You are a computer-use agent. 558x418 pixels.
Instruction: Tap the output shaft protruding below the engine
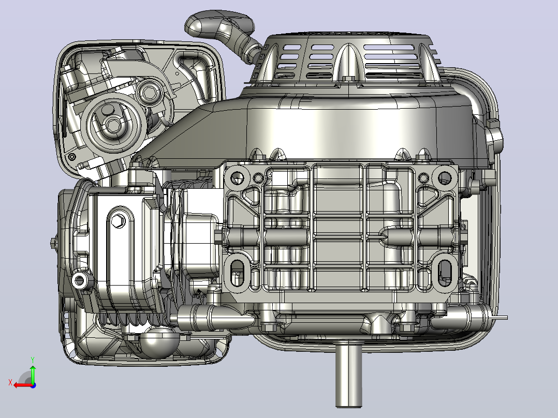349,374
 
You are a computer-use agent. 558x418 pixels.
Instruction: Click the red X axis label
10,383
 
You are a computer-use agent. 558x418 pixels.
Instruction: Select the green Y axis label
33,360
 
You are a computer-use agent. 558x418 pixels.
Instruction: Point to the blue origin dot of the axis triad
33,385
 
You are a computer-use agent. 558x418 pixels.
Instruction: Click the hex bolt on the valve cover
118,221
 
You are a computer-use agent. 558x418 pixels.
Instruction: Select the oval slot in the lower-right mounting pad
445,273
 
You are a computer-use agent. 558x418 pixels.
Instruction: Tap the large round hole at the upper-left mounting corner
238,177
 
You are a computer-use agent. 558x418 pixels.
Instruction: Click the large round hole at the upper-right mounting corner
445,177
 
